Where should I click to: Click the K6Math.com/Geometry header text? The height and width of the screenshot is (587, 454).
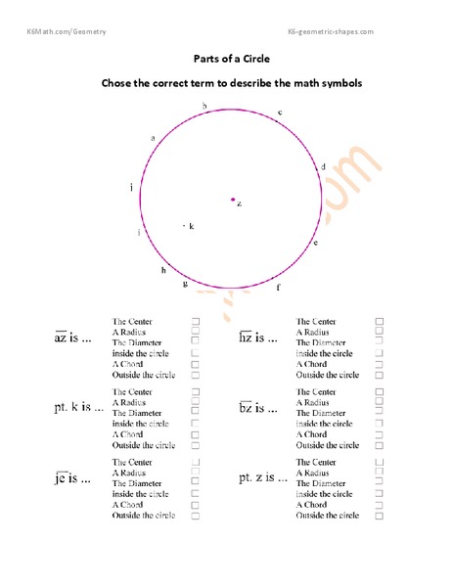coord(67,32)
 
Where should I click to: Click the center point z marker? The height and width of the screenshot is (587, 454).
coord(232,200)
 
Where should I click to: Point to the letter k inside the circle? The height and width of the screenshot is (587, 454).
coord(191,226)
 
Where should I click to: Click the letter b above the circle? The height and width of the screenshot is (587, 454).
coord(204,106)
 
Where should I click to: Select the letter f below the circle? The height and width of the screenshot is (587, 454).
coord(278,288)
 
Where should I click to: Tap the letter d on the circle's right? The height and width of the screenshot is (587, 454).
coord(323,166)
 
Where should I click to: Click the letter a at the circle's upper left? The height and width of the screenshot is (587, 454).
coord(153,138)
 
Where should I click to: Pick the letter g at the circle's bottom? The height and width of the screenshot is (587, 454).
coord(184,284)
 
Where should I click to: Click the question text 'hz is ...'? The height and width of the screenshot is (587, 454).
coord(259,338)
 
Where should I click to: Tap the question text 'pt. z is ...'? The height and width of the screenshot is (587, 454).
coord(264,478)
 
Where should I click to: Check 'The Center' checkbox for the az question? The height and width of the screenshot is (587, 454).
coord(196,321)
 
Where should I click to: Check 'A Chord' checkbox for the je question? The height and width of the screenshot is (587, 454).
coord(196,505)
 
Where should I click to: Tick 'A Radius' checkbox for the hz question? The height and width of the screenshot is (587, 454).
coord(380,332)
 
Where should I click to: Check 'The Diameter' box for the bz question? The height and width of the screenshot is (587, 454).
coord(380,413)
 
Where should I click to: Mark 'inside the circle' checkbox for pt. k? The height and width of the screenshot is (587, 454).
coord(196,424)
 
